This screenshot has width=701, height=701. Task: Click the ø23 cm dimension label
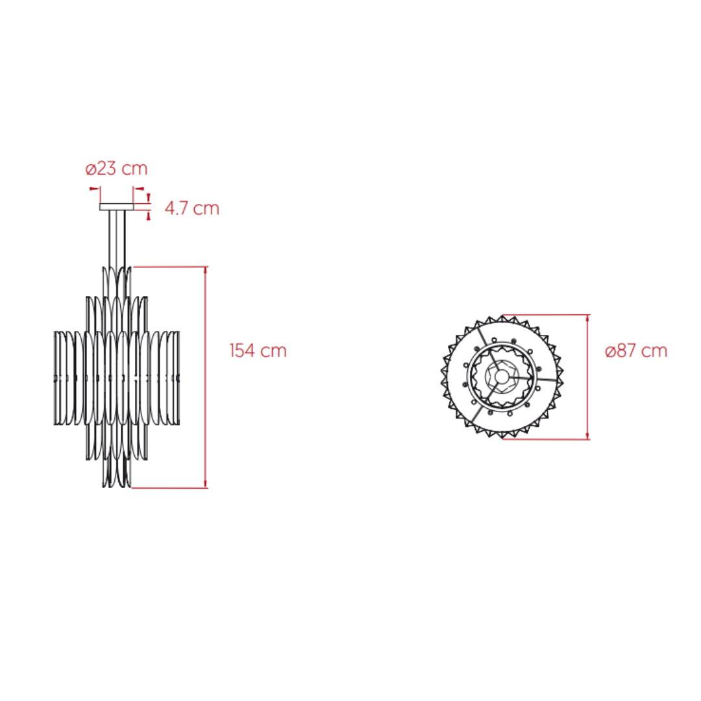[x=116, y=169]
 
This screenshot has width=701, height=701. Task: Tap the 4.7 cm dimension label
[x=191, y=208]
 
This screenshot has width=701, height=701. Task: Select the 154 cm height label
[x=258, y=350]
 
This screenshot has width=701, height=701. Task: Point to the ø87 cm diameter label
[x=635, y=351]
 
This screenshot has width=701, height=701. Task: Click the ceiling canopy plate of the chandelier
[x=116, y=206]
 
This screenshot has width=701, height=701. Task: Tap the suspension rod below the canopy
[x=117, y=239]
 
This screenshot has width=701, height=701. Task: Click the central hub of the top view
[x=502, y=377]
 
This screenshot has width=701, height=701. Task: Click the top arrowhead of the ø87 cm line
[x=587, y=318]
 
